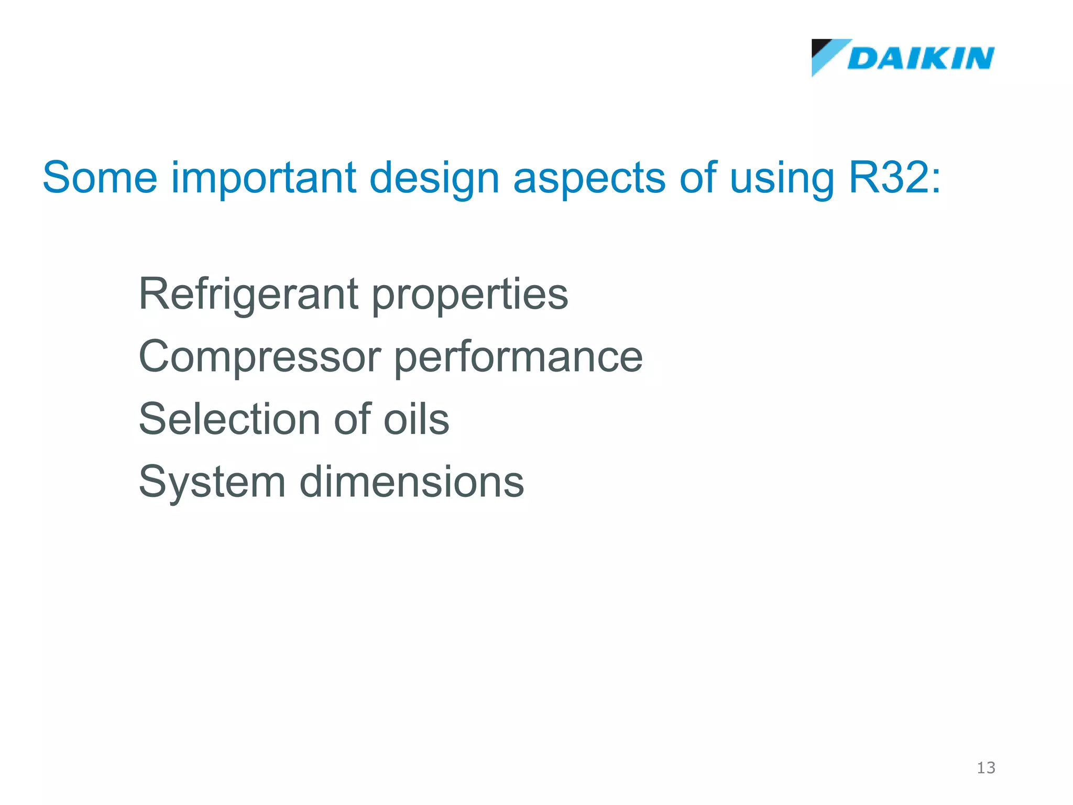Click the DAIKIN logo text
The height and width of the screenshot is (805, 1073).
921,58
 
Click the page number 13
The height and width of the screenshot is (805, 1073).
986,768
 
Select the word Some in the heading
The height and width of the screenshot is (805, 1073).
100,178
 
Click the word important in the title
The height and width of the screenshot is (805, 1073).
264,178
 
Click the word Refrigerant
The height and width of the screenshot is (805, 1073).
248,295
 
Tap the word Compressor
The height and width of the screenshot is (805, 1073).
259,357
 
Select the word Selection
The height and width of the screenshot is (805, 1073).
229,419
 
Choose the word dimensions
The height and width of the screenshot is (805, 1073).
411,482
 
